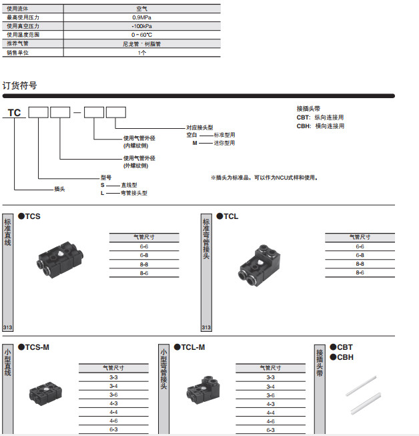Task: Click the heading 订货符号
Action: (19, 85)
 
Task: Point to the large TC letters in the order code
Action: (14, 113)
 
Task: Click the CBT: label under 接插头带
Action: (304, 118)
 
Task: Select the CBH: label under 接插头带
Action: (304, 126)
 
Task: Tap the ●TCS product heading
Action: (29, 216)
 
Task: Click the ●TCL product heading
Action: (228, 216)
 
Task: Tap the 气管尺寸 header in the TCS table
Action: (143, 237)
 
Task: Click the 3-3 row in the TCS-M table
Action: (113, 377)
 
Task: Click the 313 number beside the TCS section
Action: (8, 328)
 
